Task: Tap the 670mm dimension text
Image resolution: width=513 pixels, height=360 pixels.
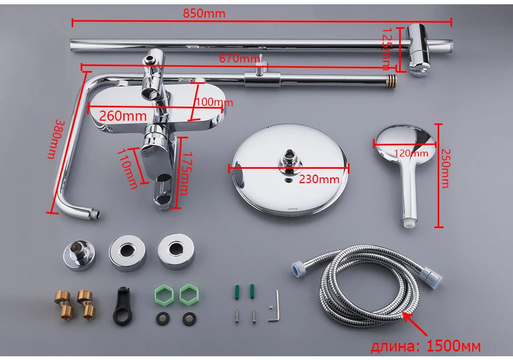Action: pyautogui.click(x=238, y=58)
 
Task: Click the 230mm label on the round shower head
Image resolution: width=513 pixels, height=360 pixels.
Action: pyautogui.click(x=319, y=179)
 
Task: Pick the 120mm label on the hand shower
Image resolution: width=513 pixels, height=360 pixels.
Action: pyautogui.click(x=411, y=154)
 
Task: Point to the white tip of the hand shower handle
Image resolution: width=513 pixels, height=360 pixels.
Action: pyautogui.click(x=408, y=220)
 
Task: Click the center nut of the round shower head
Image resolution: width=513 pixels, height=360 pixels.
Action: pyautogui.click(x=289, y=159)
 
